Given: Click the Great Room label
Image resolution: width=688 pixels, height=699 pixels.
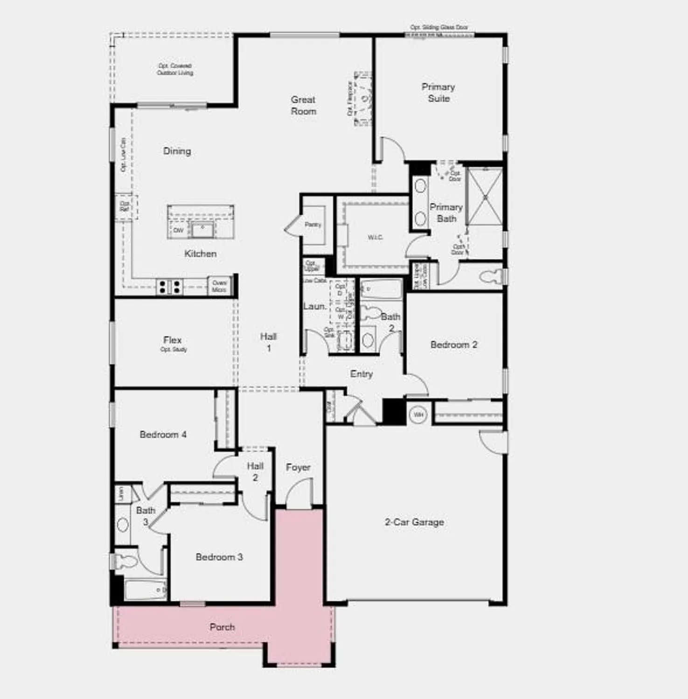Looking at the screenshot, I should click(x=303, y=105).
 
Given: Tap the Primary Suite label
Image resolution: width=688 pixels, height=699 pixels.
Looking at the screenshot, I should click(x=438, y=92).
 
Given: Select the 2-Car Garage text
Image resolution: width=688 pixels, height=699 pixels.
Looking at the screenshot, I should click(x=414, y=522).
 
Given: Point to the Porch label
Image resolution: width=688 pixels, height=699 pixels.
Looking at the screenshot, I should click(x=222, y=627).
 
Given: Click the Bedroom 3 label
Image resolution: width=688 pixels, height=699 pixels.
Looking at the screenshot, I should click(x=219, y=557).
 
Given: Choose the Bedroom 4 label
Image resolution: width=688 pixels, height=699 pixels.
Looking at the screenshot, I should click(x=163, y=434).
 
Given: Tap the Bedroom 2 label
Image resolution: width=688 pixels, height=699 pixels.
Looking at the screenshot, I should click(x=453, y=345).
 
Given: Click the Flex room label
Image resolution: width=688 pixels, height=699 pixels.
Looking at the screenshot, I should click(x=173, y=340).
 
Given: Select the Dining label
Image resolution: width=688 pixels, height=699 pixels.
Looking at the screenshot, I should click(x=177, y=151).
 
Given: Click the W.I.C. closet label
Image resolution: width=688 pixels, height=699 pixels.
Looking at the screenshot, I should click(x=375, y=237).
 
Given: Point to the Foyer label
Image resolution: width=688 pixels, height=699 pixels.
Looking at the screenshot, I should click(x=298, y=467).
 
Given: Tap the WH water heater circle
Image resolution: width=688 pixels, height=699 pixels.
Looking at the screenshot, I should click(x=418, y=414).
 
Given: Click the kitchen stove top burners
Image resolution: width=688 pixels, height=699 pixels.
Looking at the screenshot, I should click(x=169, y=286).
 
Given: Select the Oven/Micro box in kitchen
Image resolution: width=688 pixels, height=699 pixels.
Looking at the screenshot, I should click(x=219, y=286).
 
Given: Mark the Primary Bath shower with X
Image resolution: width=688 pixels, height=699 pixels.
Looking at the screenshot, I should click(x=485, y=197).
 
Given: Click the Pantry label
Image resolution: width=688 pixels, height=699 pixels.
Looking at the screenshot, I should click(x=313, y=225).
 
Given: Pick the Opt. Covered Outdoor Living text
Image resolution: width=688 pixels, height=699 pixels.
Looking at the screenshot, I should click(x=175, y=69).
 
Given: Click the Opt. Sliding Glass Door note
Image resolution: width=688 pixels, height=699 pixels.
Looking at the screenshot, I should click(x=439, y=27).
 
